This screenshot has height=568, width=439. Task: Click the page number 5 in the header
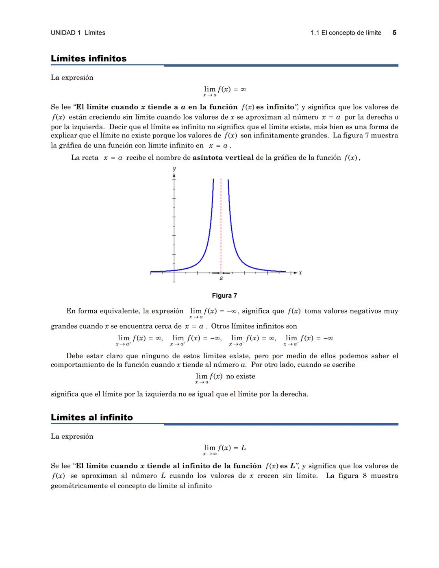tap(394, 33)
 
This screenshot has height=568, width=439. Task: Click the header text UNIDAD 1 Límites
tap(78, 33)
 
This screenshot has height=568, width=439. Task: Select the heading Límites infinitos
tap(89, 59)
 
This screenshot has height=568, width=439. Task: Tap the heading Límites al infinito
tap(92, 418)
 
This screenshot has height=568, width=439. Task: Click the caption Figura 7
tap(224, 296)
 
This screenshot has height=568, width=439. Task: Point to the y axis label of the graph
tap(174, 168)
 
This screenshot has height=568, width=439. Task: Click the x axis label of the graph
tap(300, 272)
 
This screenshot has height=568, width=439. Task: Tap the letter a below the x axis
tap(221, 279)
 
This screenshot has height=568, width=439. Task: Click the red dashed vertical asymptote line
tap(221, 224)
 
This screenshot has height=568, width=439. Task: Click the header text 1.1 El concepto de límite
tap(346, 33)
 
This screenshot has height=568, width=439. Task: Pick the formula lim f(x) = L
tap(225, 448)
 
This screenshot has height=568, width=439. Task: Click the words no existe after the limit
tap(241, 376)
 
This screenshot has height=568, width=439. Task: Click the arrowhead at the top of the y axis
tap(174, 176)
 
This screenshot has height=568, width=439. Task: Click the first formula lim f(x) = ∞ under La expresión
tap(225, 89)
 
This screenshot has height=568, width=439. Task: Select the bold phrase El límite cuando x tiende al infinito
tap(169, 466)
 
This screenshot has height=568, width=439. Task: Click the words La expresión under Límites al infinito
tap(72, 437)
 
